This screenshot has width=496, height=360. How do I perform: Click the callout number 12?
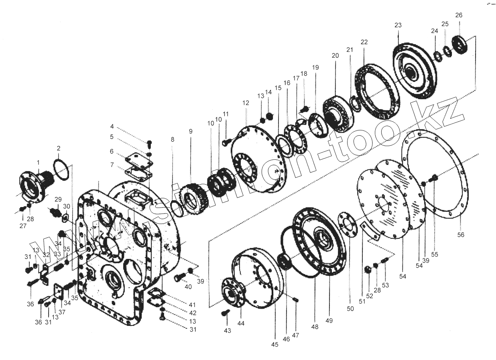(x=246, y=103)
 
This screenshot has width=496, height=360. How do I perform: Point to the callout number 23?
(x=398, y=25)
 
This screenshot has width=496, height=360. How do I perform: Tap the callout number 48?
(x=315, y=327)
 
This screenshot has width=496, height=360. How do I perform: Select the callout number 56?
(x=461, y=235)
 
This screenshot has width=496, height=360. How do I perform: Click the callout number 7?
(x=112, y=165)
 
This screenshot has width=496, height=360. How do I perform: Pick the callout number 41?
(x=193, y=305)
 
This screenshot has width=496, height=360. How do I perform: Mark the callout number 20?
(x=335, y=55)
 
